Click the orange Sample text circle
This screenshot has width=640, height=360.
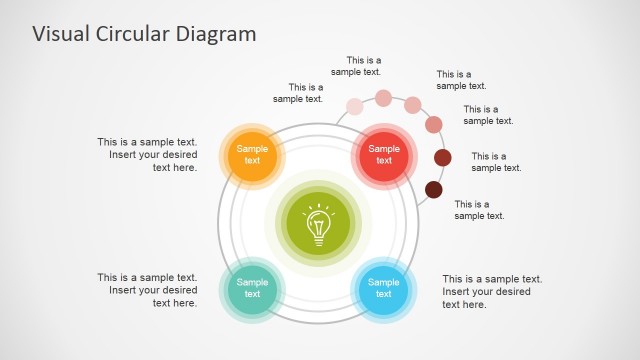tap(252, 154)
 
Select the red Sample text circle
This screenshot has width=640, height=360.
tap(383, 154)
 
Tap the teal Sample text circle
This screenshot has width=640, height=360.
tap(252, 288)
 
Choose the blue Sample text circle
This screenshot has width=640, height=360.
tap(383, 288)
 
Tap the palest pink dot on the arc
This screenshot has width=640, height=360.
tap(355, 107)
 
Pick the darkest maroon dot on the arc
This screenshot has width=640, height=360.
tap(434, 189)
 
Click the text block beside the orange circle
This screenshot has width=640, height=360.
tap(148, 155)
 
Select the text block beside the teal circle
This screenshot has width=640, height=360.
tap(148, 289)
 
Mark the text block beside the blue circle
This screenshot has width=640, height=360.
tap(492, 291)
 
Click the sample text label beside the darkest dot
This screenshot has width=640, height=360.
tap(480, 210)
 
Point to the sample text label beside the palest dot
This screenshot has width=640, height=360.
tap(298, 93)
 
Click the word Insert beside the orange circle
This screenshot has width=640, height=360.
tap(124, 155)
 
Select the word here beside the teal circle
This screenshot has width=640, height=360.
tap(185, 302)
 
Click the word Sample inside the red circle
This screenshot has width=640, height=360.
tap(383, 148)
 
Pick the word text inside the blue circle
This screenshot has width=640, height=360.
tap(383, 295)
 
